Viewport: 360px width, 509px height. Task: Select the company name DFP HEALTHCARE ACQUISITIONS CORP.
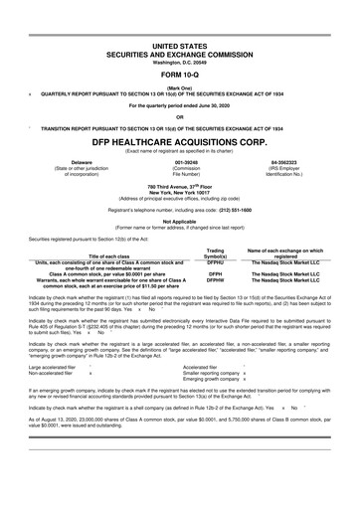tap(180, 140)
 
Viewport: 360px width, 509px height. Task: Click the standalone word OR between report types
tap(180, 115)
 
